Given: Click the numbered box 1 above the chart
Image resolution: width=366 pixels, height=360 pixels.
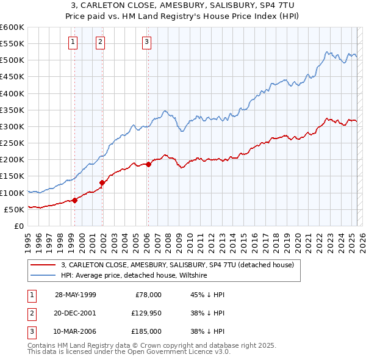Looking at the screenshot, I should pos(73,42).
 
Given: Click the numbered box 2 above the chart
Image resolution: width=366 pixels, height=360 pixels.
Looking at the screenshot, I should pos(100,42).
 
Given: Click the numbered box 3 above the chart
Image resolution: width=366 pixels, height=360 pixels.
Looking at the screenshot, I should pos(147,42).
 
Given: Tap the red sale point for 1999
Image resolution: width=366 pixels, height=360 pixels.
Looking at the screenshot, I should pos(75,200).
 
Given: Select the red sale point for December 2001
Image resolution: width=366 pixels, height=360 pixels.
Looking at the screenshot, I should pos(102,182).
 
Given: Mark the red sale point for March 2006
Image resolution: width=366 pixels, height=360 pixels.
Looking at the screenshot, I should pos(148,164).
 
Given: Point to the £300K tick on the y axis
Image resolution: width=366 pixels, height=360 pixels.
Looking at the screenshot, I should pos(12,126).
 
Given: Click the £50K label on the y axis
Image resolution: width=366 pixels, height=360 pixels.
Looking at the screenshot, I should pos(14,209).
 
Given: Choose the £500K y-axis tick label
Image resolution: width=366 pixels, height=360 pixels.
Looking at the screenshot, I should pos(12,60).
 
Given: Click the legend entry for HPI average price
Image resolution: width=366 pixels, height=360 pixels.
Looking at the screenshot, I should pos(134,276).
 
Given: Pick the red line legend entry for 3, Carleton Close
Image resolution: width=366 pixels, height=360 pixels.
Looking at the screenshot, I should pos(178,265).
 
